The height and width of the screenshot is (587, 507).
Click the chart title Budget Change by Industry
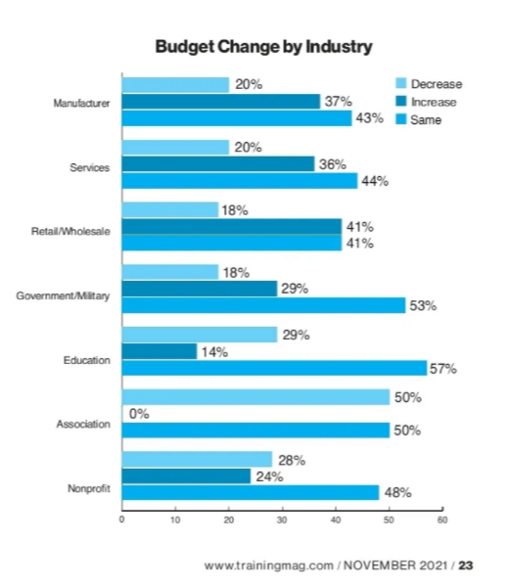(263, 46)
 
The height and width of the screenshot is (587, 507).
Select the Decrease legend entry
(436, 84)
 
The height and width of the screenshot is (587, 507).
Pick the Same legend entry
(426, 119)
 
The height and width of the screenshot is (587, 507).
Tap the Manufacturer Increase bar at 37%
(220, 101)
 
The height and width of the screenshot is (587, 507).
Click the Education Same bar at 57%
(274, 368)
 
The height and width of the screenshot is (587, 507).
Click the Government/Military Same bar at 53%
(262, 305)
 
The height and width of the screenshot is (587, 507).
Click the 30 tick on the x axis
(282, 519)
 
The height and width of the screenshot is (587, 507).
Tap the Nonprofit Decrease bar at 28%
(196, 459)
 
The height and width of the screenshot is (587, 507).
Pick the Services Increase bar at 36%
(217, 163)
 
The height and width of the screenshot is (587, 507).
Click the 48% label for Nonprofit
(397, 493)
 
